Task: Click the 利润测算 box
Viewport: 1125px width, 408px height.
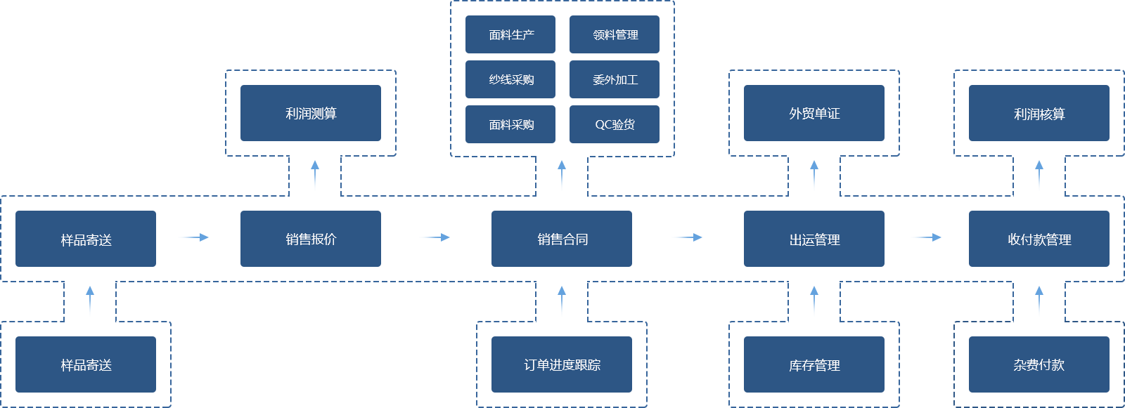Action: point(310,113)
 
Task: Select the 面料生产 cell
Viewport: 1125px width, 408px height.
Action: point(510,34)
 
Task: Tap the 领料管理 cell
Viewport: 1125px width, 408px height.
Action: point(615,34)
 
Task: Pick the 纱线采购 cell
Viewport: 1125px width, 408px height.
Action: point(510,79)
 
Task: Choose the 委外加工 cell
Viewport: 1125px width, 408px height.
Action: point(615,79)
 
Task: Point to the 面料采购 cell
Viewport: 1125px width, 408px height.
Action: point(510,124)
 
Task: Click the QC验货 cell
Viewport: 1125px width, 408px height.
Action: point(615,124)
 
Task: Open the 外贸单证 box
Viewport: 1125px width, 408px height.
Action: point(814,113)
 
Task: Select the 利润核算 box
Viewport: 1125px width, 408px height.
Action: point(1039,114)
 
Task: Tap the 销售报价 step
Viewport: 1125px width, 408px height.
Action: point(310,239)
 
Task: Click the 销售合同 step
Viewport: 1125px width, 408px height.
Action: point(562,239)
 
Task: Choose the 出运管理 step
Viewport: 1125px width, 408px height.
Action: point(814,239)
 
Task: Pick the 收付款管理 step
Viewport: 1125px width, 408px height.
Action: point(1039,239)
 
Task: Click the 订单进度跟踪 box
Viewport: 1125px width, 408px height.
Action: point(562,364)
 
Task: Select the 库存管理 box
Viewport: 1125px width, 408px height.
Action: point(814,364)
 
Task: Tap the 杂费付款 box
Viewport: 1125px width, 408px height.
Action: point(1039,364)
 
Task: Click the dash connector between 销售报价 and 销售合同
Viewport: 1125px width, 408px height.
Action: point(434,237)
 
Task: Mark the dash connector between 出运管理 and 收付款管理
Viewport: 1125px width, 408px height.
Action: point(925,237)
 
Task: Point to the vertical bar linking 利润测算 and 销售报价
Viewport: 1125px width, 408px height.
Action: point(314,175)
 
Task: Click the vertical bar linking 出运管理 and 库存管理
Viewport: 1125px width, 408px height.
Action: point(814,301)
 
